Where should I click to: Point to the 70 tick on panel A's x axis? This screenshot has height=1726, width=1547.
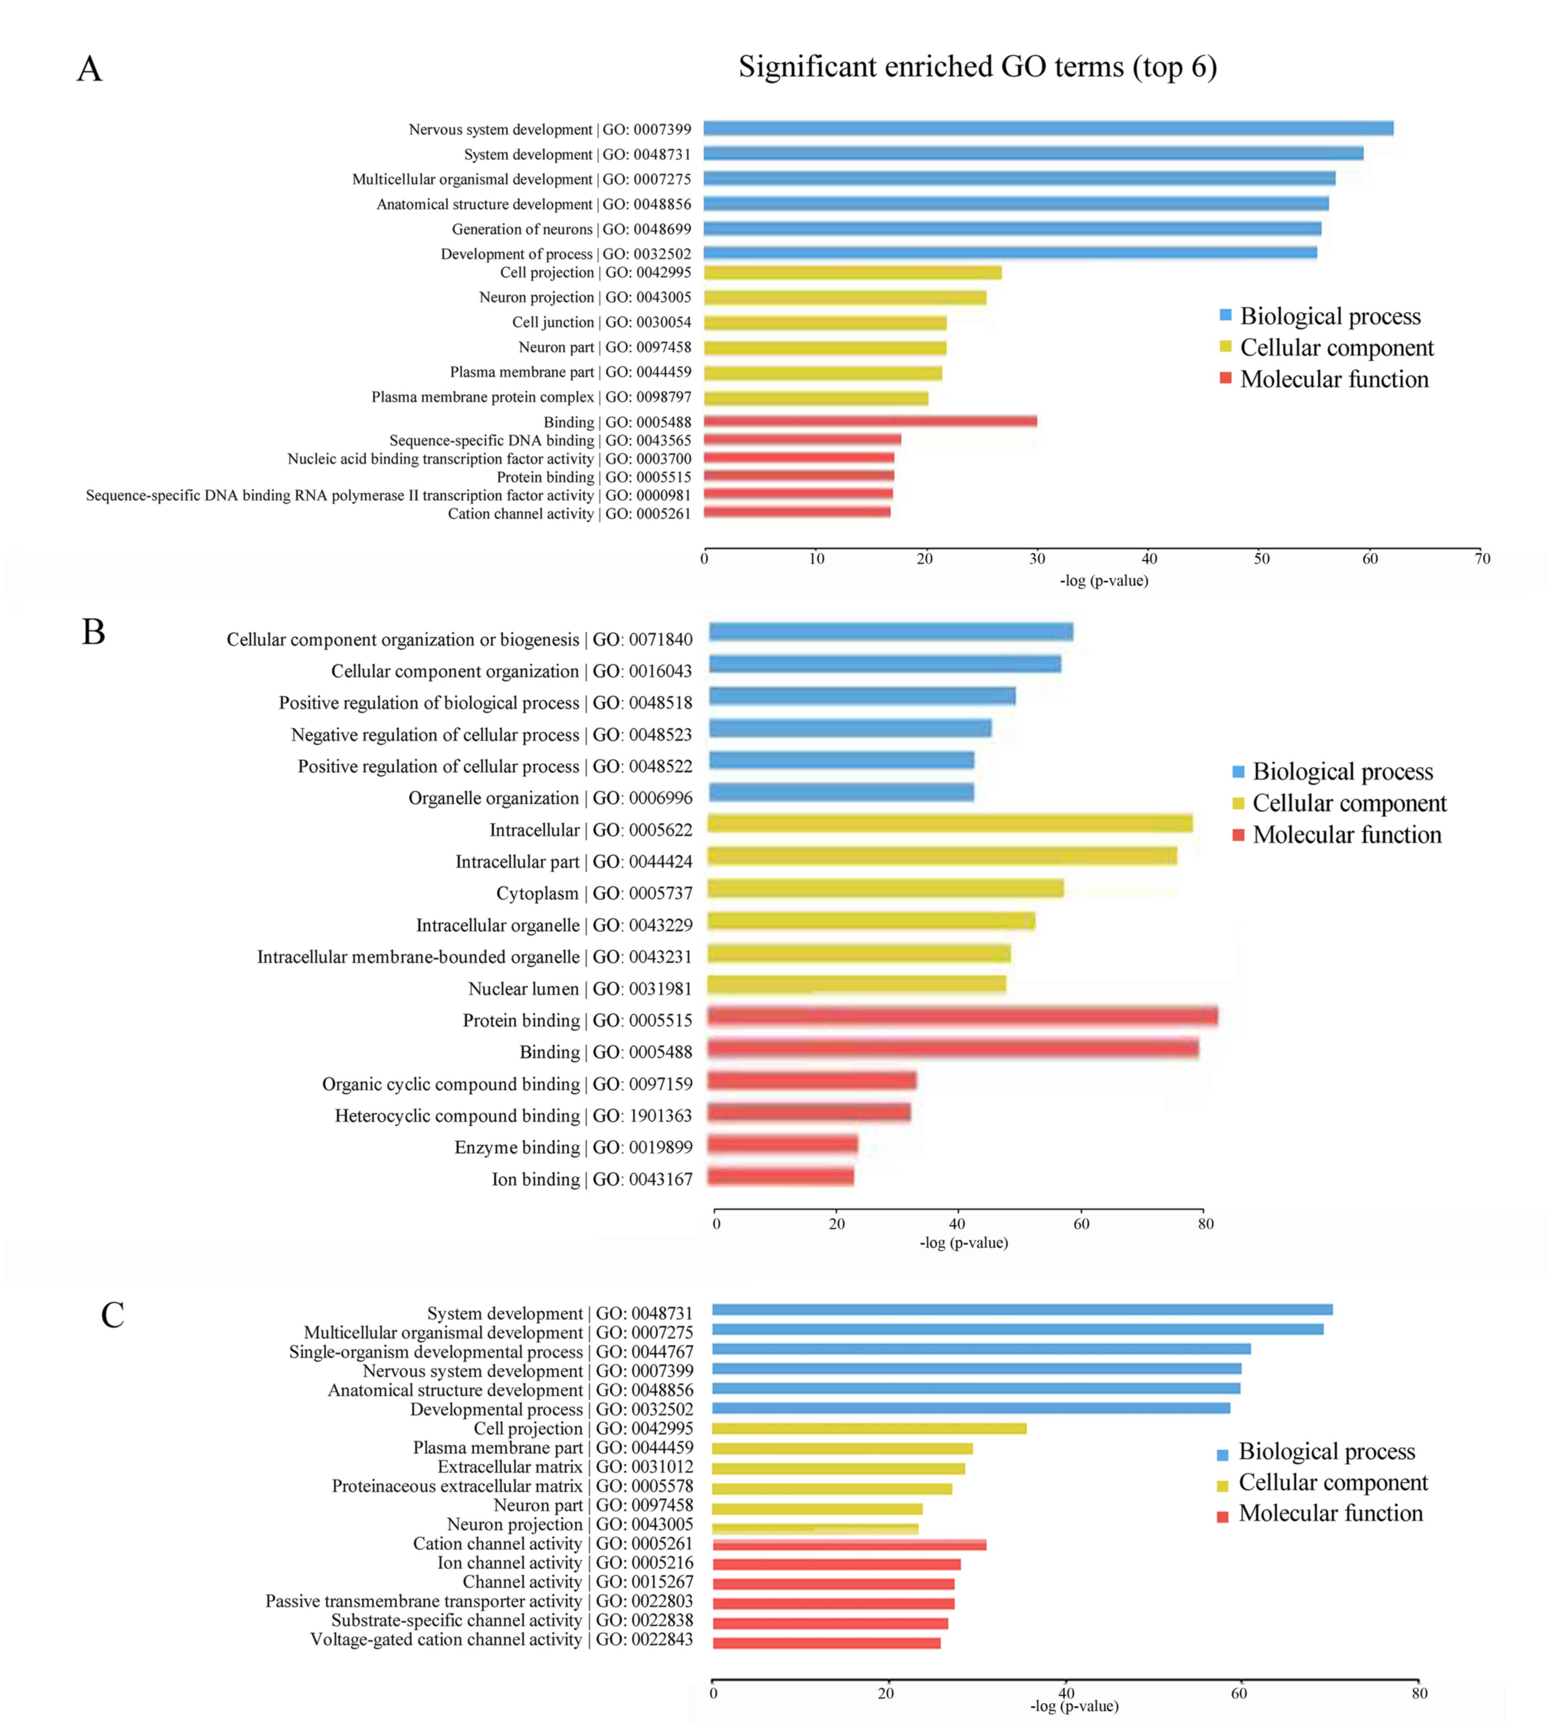pos(1482,559)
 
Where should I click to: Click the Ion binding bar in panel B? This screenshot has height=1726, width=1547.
pos(780,1176)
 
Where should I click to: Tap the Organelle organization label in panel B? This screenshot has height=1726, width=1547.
pos(550,798)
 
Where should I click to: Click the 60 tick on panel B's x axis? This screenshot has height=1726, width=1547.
pos(1081,1224)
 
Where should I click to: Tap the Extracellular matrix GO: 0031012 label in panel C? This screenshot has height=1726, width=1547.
pos(565,1467)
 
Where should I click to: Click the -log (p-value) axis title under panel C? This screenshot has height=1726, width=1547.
pos(1074,1706)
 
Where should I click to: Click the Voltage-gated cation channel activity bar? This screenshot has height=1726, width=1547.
pos(826,1643)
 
